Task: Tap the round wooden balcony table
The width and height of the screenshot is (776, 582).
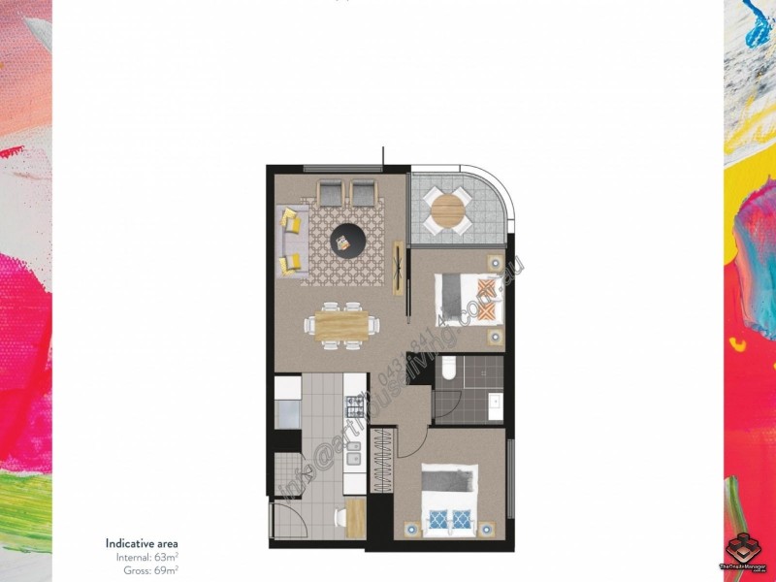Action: click(x=449, y=210)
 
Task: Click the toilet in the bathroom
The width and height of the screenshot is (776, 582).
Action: click(x=447, y=371)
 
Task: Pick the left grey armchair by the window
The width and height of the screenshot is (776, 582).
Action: click(x=330, y=193)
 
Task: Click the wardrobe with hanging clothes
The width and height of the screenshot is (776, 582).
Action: click(x=381, y=461)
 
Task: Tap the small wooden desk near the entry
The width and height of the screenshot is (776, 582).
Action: click(x=355, y=516)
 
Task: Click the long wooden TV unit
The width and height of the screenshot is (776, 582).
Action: click(x=398, y=269)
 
